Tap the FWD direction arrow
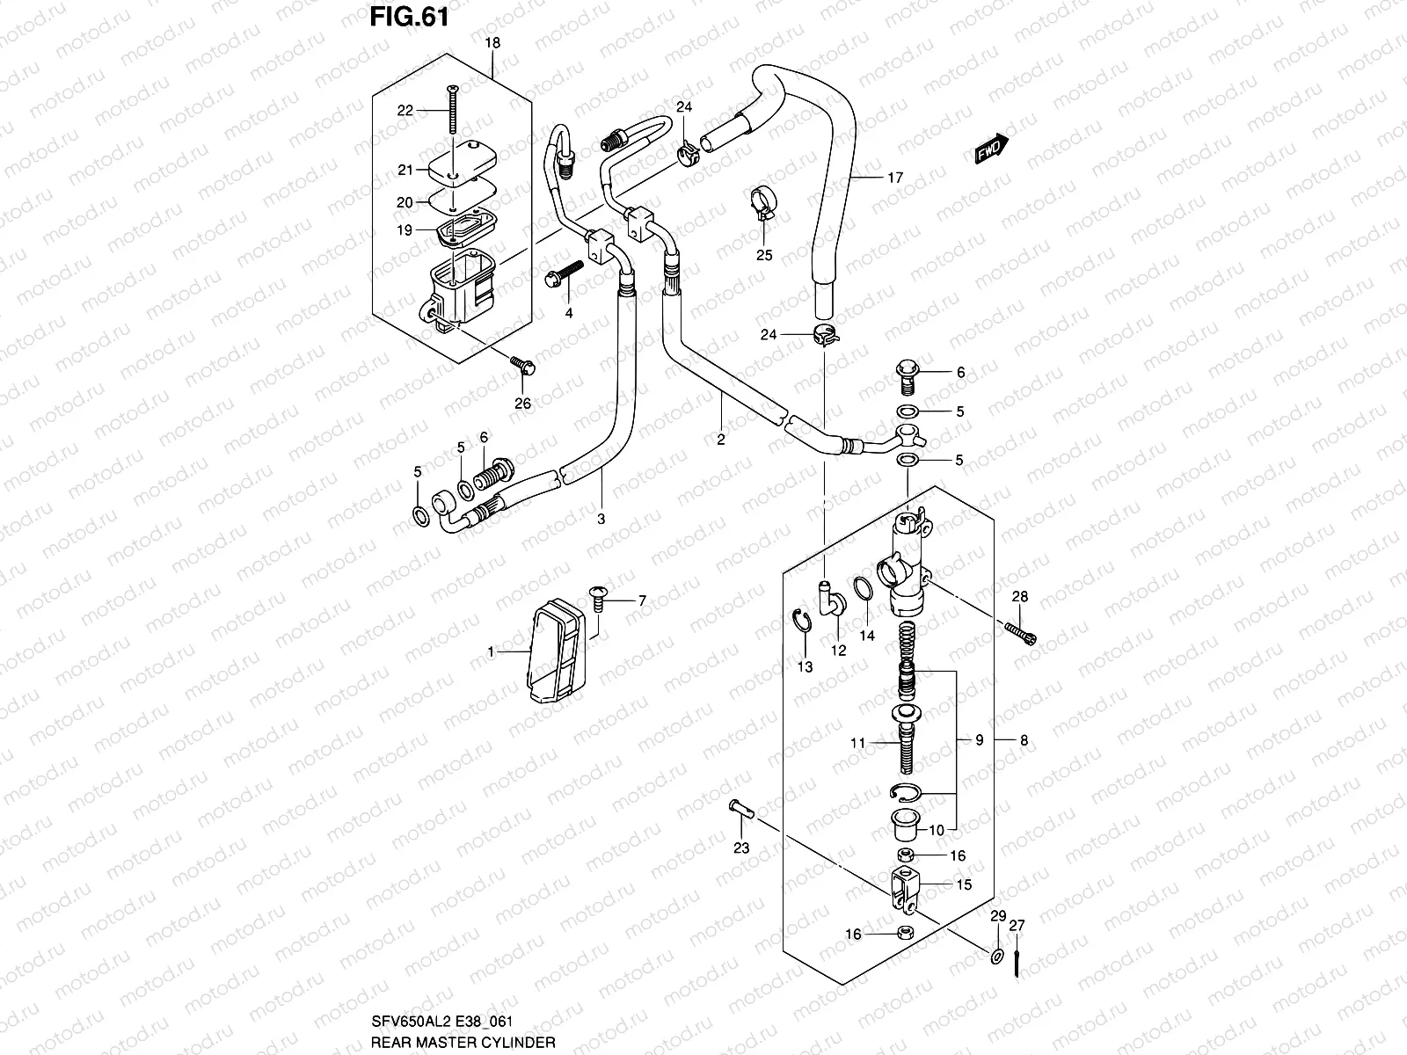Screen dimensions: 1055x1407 (x=992, y=151)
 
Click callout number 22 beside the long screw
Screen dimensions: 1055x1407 (x=405, y=110)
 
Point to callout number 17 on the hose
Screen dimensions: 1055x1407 (x=894, y=178)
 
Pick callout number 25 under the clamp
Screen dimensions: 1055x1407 (x=764, y=255)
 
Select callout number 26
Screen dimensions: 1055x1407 (x=523, y=404)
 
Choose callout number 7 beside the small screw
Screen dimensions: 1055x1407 (x=642, y=600)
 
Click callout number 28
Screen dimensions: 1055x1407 (x=1019, y=597)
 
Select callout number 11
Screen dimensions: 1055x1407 (x=858, y=743)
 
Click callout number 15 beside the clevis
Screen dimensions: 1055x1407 (x=964, y=884)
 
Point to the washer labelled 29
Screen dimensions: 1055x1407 (x=996, y=957)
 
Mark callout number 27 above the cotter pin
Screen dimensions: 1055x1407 (x=1017, y=925)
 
